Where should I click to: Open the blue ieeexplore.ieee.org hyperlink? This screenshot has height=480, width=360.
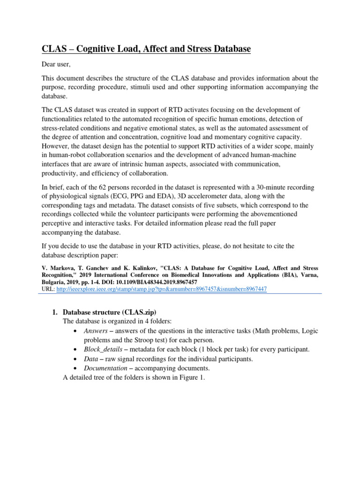pos(161,289)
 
